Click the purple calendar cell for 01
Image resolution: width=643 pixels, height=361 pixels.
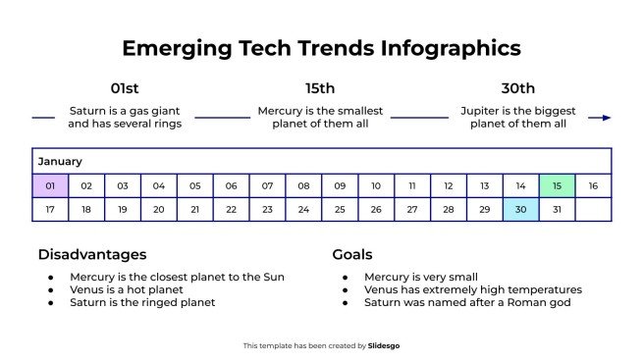click(50, 185)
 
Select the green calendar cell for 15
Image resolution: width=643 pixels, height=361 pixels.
click(557, 185)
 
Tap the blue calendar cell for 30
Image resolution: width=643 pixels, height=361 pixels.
click(520, 209)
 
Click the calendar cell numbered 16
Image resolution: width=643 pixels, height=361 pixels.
click(593, 185)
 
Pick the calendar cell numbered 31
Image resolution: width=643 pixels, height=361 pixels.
click(557, 209)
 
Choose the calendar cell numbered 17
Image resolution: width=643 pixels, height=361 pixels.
click(50, 209)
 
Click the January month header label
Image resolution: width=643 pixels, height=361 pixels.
click(60, 161)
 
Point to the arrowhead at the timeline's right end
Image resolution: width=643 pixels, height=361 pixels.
click(606, 118)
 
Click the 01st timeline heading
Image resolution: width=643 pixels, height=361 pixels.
click(125, 88)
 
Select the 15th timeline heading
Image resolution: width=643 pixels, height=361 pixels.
click(320, 88)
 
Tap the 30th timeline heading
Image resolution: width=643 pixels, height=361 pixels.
click(517, 88)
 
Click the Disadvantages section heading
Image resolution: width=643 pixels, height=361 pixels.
click(91, 254)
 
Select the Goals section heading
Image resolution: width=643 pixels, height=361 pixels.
click(351, 254)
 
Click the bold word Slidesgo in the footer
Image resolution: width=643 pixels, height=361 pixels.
click(384, 345)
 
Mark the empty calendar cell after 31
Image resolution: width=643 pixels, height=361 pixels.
click(593, 209)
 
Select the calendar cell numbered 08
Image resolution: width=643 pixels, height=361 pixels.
click(303, 185)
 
